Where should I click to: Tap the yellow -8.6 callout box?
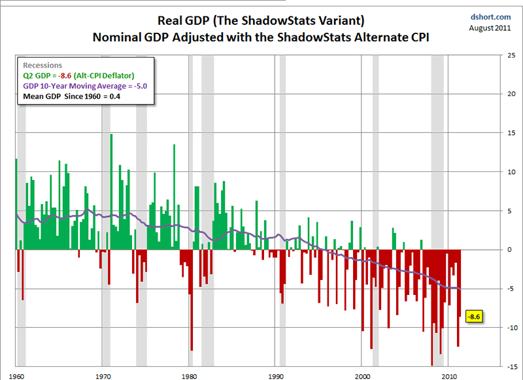click(x=474, y=317)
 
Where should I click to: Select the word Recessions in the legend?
click(x=42, y=65)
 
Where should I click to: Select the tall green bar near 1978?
click(x=174, y=196)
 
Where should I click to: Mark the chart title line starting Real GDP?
click(x=261, y=20)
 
